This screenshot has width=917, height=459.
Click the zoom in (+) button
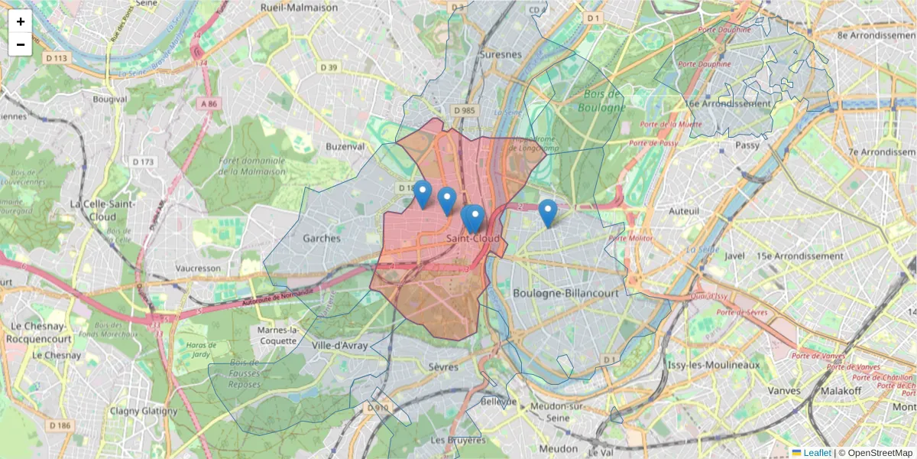pos(21,21)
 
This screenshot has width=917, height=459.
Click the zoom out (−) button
pos(21,44)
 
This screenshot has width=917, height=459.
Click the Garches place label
pos(322,238)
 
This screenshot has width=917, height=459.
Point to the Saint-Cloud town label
pos(474,239)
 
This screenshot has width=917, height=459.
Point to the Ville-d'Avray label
pos(340,346)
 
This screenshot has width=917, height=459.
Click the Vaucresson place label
pos(198,269)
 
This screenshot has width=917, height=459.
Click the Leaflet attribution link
pos(817,453)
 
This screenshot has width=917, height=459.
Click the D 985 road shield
pos(464,111)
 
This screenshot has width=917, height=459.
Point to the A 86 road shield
pos(207,103)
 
